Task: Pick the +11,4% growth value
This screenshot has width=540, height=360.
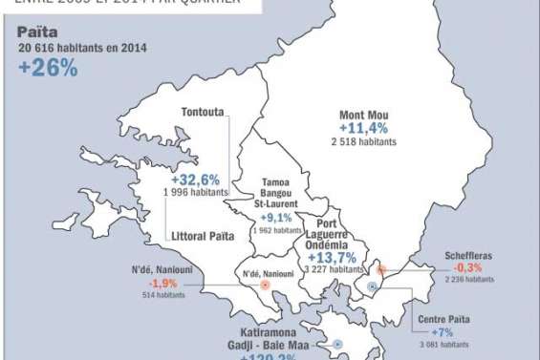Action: click(364, 130)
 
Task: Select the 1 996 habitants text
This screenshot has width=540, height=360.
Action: click(196, 192)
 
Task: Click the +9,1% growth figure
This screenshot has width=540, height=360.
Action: click(272, 217)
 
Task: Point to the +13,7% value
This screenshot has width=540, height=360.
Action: click(331, 257)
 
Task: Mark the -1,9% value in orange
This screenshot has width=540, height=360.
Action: click(162, 283)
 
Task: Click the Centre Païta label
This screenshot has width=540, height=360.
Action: click(447, 320)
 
